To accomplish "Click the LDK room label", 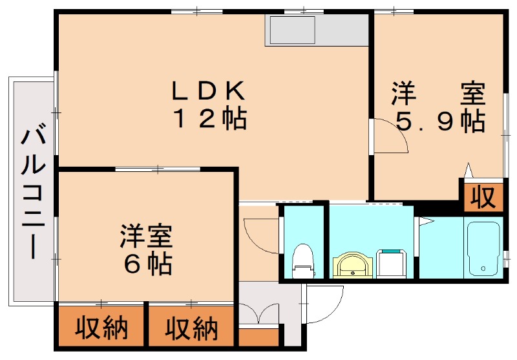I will pyautogui.click(x=207, y=91).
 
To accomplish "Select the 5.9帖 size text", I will pyautogui.click(x=439, y=122).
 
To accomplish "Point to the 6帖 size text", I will pyautogui.click(x=146, y=264).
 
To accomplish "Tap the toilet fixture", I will pyautogui.click(x=302, y=259).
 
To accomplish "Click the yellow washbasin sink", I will pyautogui.click(x=352, y=264).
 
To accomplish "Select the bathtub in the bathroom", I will pyautogui.click(x=483, y=248).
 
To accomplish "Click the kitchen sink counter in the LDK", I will pyautogui.click(x=293, y=30).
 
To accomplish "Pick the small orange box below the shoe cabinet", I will pyautogui.click(x=258, y=338).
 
